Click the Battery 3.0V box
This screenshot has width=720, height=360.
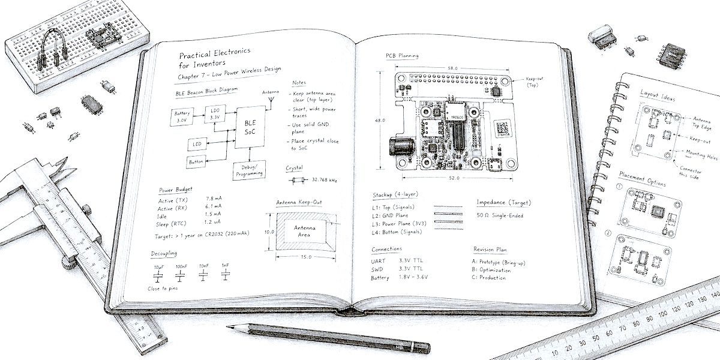pyautogui.click(x=182, y=117)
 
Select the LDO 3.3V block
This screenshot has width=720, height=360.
pyautogui.click(x=215, y=114)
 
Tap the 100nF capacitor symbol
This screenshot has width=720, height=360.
pyautogui.click(x=180, y=277)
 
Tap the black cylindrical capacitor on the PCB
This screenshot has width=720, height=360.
pyautogui.click(x=400, y=148)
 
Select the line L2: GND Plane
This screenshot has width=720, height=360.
pyautogui.click(x=397, y=215)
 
